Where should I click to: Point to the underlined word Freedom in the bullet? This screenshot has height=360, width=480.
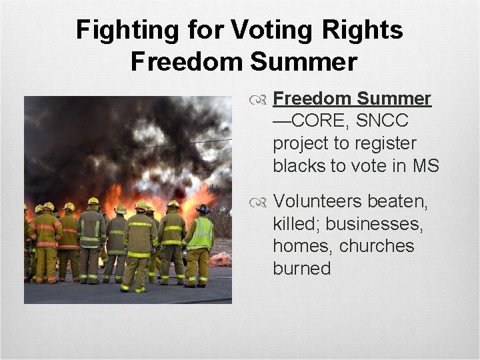[x=311, y=99]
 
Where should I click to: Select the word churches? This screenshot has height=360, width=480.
[x=377, y=246]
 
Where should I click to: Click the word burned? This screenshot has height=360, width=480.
[x=301, y=269]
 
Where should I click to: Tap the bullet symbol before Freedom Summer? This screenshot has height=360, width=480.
[x=262, y=99]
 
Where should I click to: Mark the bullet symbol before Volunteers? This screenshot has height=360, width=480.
[x=262, y=201]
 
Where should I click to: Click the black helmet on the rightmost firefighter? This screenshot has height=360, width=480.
[x=203, y=209]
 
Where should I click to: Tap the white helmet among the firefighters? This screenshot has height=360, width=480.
[x=121, y=209]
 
